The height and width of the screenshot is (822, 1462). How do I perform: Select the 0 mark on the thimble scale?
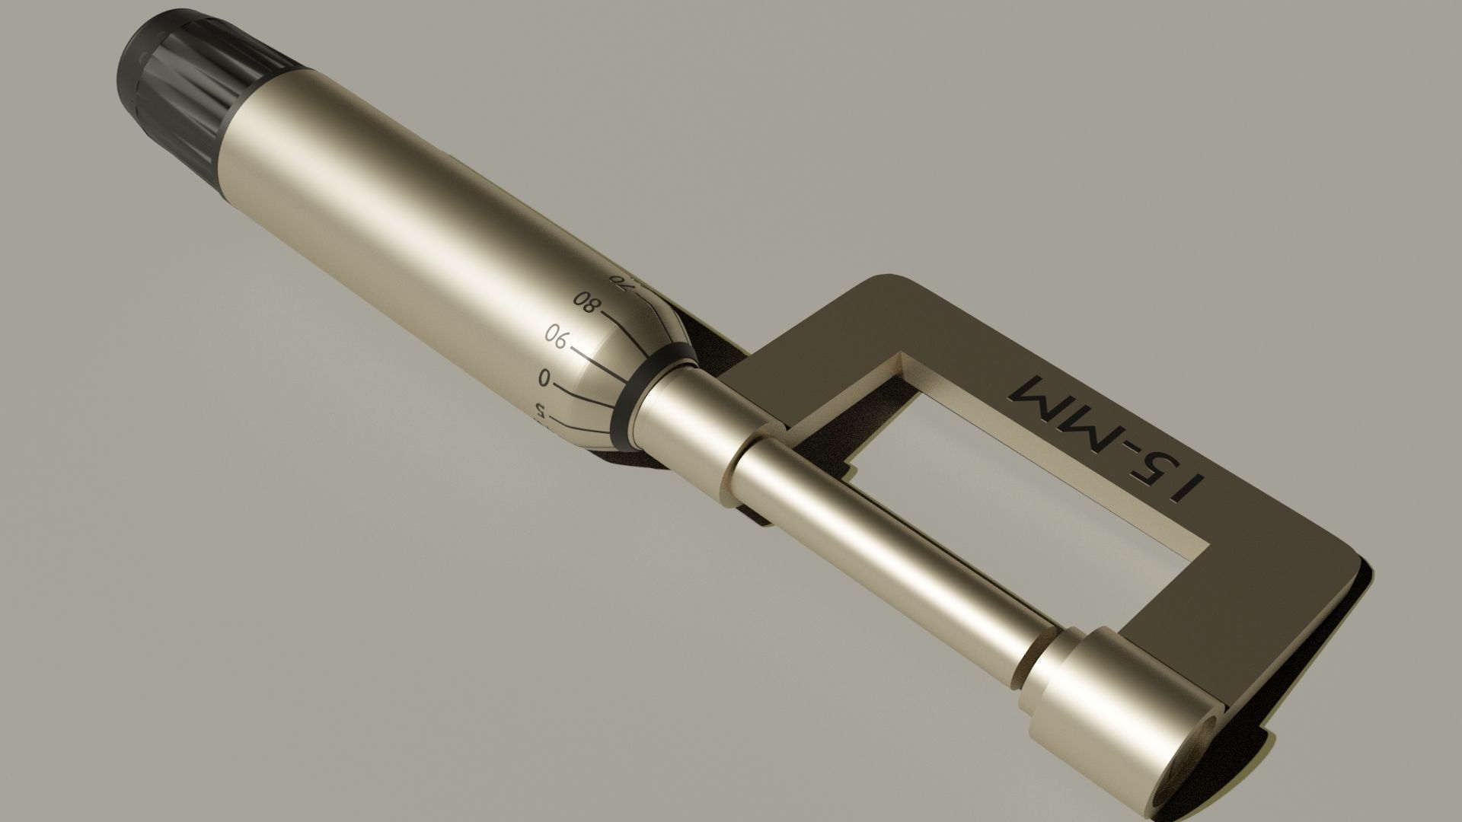point(544,378)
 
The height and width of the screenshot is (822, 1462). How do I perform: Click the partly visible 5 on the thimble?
point(540,412)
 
